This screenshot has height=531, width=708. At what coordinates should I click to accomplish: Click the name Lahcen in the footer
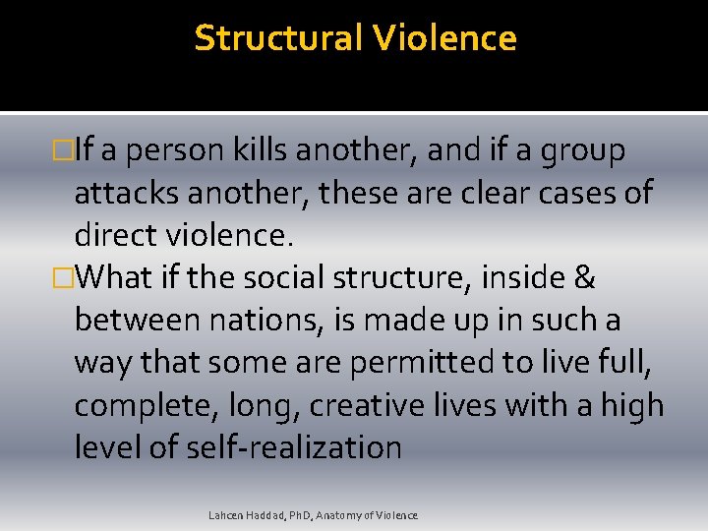pyautogui.click(x=225, y=515)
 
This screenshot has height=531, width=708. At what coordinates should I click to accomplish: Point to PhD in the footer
pyautogui.click(x=298, y=515)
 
